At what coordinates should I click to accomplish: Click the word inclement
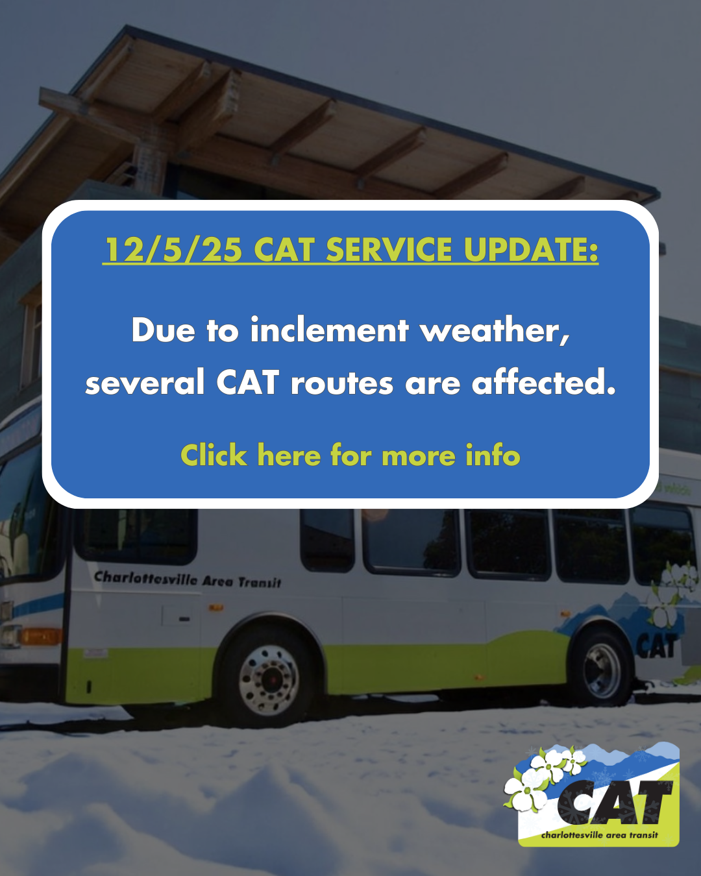(x=329, y=330)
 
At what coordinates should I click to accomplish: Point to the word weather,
(x=495, y=330)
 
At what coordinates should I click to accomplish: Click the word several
(x=145, y=383)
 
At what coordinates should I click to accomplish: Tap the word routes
(x=341, y=383)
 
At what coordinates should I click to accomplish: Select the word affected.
(x=543, y=383)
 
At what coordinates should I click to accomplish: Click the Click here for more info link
(x=350, y=456)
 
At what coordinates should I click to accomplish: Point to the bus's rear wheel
(x=602, y=672)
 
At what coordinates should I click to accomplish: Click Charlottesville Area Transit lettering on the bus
(x=188, y=579)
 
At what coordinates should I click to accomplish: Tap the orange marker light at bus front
(x=39, y=637)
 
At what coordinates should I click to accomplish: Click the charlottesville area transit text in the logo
(x=599, y=835)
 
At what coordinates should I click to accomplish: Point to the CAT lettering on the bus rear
(x=656, y=646)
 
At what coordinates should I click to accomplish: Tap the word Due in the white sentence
(x=163, y=330)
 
